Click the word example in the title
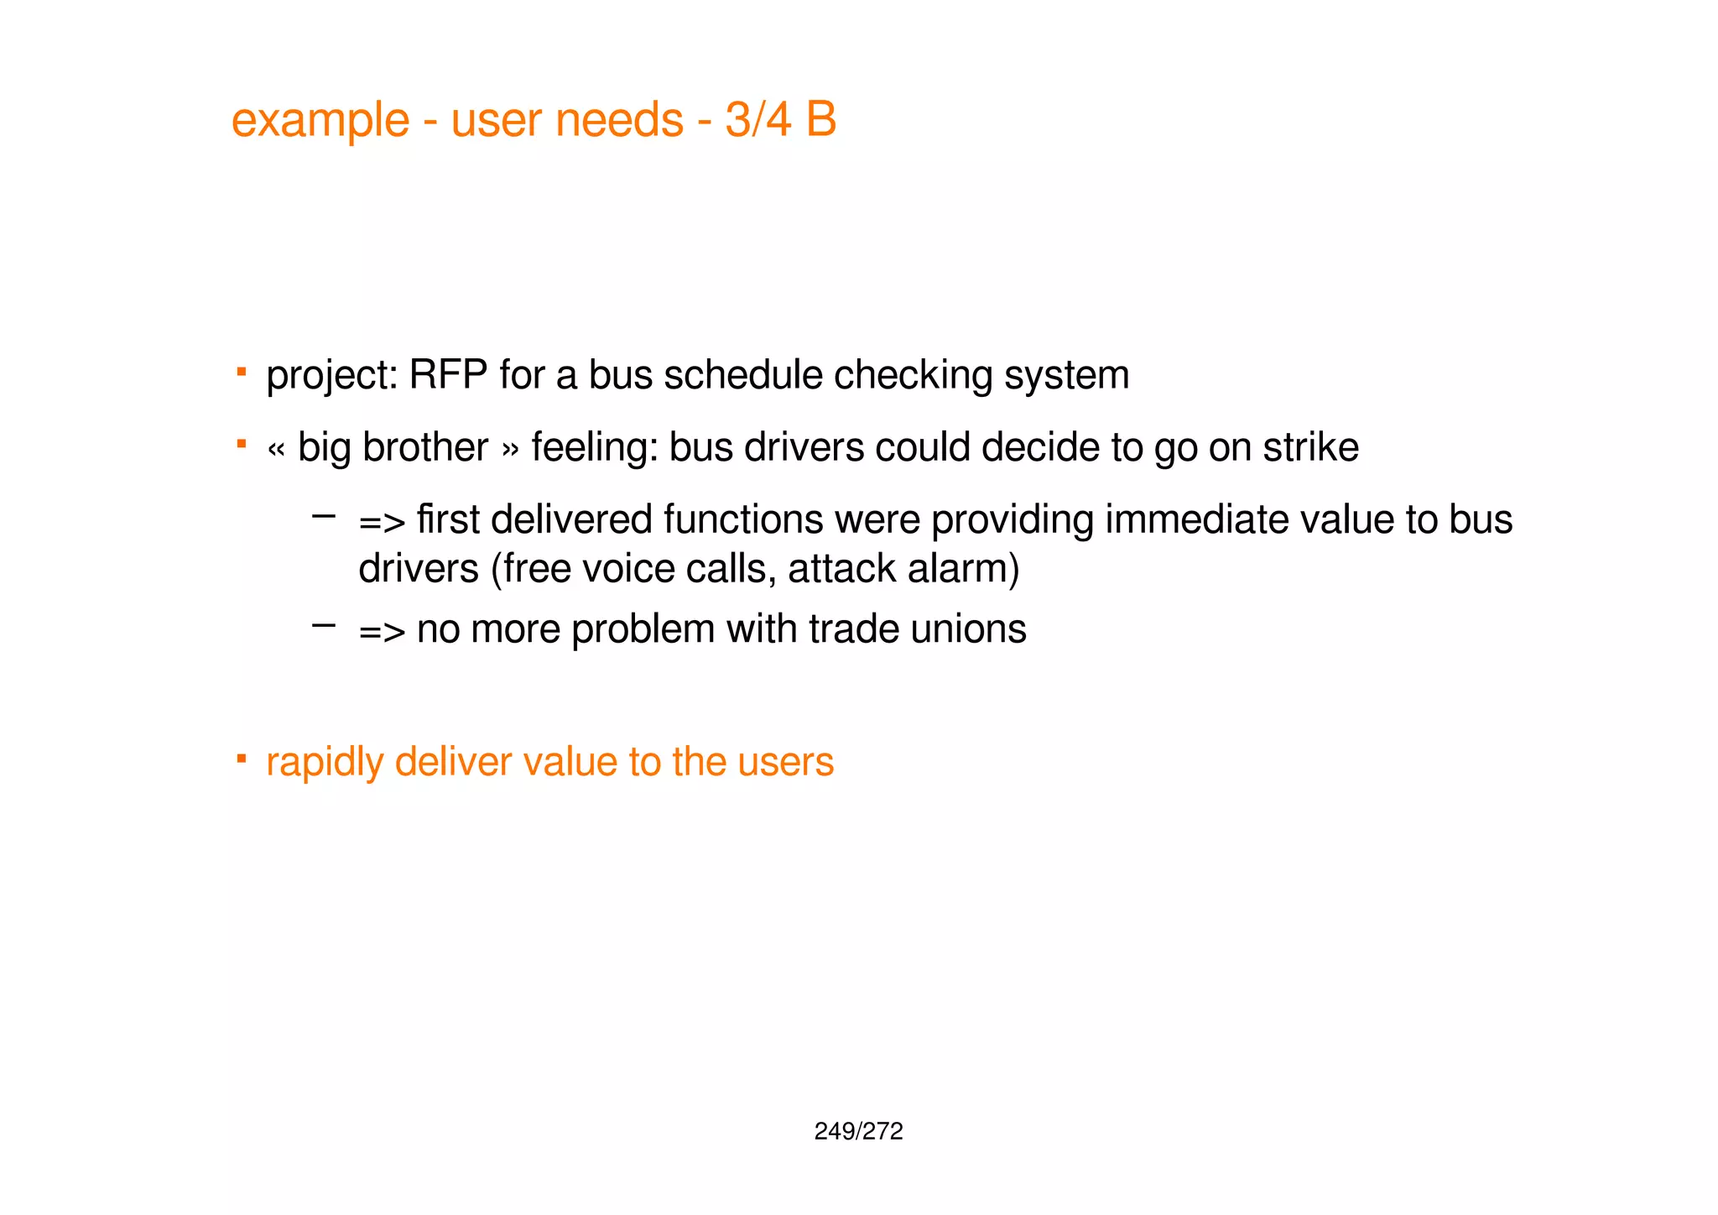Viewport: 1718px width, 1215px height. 320,120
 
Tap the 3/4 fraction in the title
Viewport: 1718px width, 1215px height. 757,119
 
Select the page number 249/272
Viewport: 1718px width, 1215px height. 858,1131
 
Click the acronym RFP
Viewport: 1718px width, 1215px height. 448,374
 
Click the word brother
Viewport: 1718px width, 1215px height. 425,446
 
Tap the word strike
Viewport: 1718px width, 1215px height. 1310,446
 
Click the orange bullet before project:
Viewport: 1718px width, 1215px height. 241,371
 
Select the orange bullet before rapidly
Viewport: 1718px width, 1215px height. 241,759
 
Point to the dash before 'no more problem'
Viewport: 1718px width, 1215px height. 323,624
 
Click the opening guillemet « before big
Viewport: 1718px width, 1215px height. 276,449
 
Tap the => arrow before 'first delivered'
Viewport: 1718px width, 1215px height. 382,522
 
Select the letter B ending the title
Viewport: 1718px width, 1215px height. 821,119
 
